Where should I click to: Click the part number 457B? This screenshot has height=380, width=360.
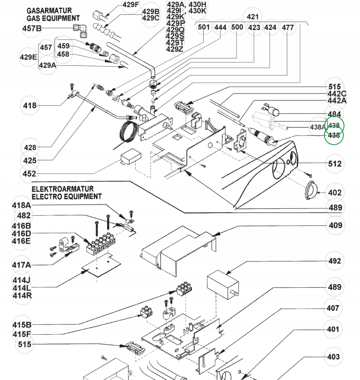tap(32, 28)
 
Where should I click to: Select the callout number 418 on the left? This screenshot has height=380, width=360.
tap(30, 105)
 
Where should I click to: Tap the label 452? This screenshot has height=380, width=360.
tap(29, 174)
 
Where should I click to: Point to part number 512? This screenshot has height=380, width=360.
tap(335, 164)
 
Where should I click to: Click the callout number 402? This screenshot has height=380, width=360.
tap(335, 193)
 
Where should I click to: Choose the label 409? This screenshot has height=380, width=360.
tap(335, 225)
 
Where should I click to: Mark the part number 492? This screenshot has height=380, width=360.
tap(335, 261)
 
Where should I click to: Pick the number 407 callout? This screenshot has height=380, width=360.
tap(333, 308)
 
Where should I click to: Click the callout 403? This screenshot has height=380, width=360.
tap(333, 357)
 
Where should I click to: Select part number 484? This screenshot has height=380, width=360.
tap(334, 114)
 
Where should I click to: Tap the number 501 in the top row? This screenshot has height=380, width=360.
tap(204, 28)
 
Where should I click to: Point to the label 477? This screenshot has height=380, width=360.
tap(288, 28)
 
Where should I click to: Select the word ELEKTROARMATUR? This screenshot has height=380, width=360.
tap(62, 189)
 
